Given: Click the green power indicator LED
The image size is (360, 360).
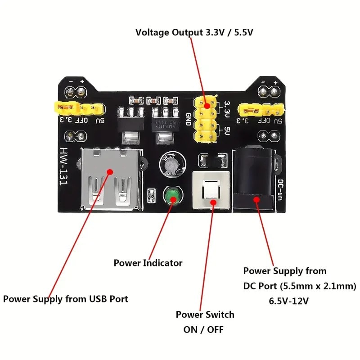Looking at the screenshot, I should [171, 197].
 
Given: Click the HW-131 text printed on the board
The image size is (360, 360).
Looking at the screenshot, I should [67, 168].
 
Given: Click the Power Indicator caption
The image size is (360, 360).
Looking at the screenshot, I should [148, 263].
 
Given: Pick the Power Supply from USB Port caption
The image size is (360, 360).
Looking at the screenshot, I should [66, 299].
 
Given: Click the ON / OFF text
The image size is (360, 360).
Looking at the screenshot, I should [203, 329].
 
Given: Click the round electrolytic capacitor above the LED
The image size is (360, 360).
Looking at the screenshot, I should [171, 165].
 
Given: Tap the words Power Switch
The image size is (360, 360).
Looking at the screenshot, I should [205, 314].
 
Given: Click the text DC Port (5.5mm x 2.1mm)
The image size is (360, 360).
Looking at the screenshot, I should [300, 286].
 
